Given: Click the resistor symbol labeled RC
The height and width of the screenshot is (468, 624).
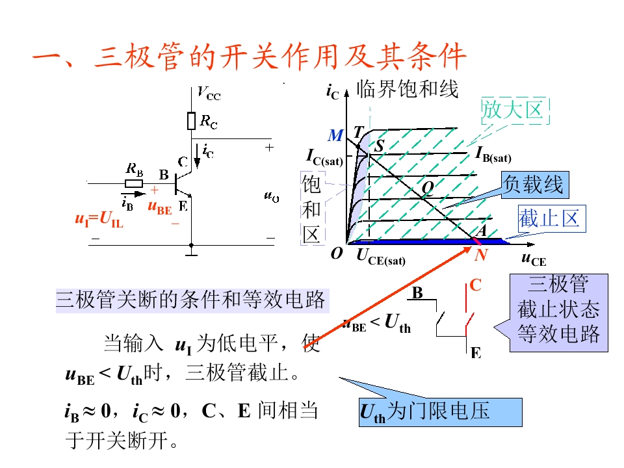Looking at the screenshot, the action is [191, 121].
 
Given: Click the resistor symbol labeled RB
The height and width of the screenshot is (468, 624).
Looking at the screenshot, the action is [134, 183].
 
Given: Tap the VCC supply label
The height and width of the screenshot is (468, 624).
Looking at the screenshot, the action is [209, 94].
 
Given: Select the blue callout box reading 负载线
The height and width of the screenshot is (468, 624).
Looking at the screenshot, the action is [535, 185].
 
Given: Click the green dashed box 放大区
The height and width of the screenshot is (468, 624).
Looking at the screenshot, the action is [515, 110].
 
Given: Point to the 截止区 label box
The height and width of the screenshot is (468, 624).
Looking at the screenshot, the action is [552, 218].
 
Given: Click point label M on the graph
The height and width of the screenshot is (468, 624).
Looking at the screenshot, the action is [335, 136].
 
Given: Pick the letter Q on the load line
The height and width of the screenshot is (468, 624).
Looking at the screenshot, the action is [428, 187].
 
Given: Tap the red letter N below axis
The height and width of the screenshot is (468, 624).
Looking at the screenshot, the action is [481, 255].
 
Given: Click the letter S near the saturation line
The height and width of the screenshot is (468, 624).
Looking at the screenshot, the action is [379, 146].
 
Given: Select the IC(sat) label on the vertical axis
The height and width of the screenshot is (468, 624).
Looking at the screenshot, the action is [324, 157].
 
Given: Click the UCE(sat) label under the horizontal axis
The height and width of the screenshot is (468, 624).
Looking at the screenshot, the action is [381, 257].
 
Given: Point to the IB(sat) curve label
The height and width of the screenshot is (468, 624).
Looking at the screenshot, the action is [493, 155].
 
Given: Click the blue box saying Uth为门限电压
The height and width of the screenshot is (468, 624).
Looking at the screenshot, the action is [441, 412].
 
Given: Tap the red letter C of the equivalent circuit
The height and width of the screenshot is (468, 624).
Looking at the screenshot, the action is [476, 285].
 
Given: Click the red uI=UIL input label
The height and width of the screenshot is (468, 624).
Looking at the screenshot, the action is [99, 219].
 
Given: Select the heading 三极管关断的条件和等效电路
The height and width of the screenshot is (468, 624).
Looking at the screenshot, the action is [192, 300].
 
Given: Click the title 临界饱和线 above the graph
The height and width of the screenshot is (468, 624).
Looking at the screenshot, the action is [408, 89].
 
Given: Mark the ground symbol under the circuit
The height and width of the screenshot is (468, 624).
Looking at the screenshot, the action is [191, 252].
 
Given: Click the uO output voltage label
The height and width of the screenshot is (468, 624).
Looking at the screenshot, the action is [272, 196].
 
